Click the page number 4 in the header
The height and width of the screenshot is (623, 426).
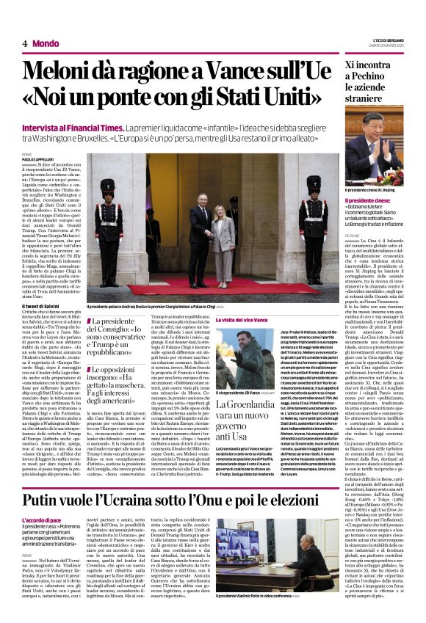[x=25, y=43]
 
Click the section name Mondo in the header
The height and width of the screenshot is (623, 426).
[x=46, y=43]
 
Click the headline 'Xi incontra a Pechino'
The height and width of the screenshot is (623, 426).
[x=375, y=72]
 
